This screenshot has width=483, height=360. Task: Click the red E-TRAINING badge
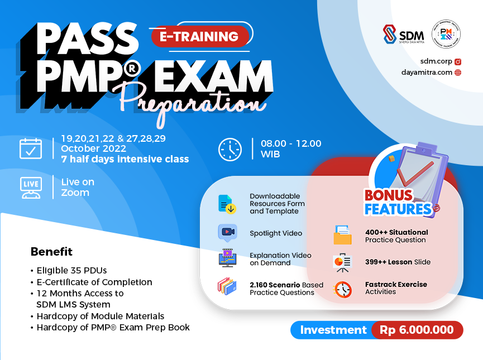pos(199,37)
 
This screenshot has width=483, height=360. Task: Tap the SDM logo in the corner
pos(403,35)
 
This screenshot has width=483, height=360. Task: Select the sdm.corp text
pos(436,61)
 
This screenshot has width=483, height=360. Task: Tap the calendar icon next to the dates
pos(31,148)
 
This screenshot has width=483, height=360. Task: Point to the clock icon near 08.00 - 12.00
pos(229,149)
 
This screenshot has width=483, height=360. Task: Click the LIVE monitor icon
pos(31,188)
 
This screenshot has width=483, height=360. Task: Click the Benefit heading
pos(51,252)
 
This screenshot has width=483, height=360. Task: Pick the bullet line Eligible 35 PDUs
pos(71,271)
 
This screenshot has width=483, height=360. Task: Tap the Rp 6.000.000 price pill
pos(417,330)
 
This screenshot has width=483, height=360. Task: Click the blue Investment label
pos(333,330)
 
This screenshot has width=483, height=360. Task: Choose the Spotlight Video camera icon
pos(227,232)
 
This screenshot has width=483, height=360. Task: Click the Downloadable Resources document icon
pos(226,204)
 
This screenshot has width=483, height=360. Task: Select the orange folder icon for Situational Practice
pos(342,236)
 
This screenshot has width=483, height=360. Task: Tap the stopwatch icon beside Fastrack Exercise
pos(342,289)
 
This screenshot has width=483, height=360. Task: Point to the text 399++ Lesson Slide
pos(398,262)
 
